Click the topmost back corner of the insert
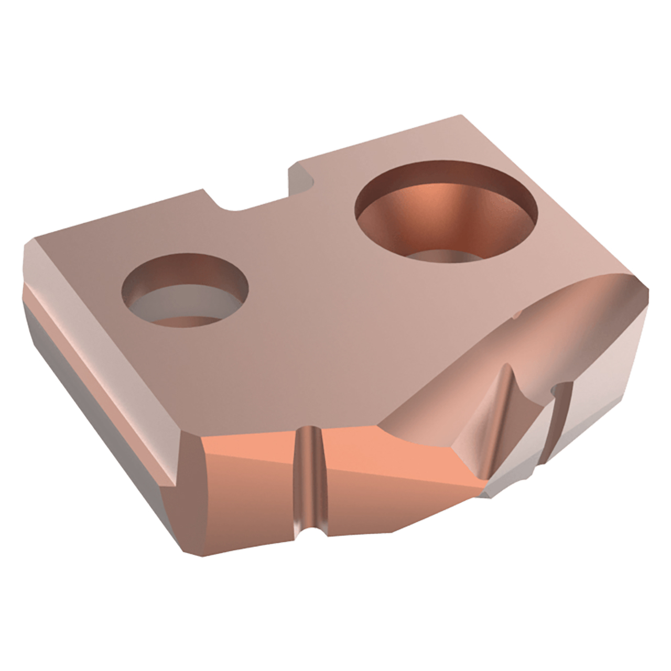coord(461,114)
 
